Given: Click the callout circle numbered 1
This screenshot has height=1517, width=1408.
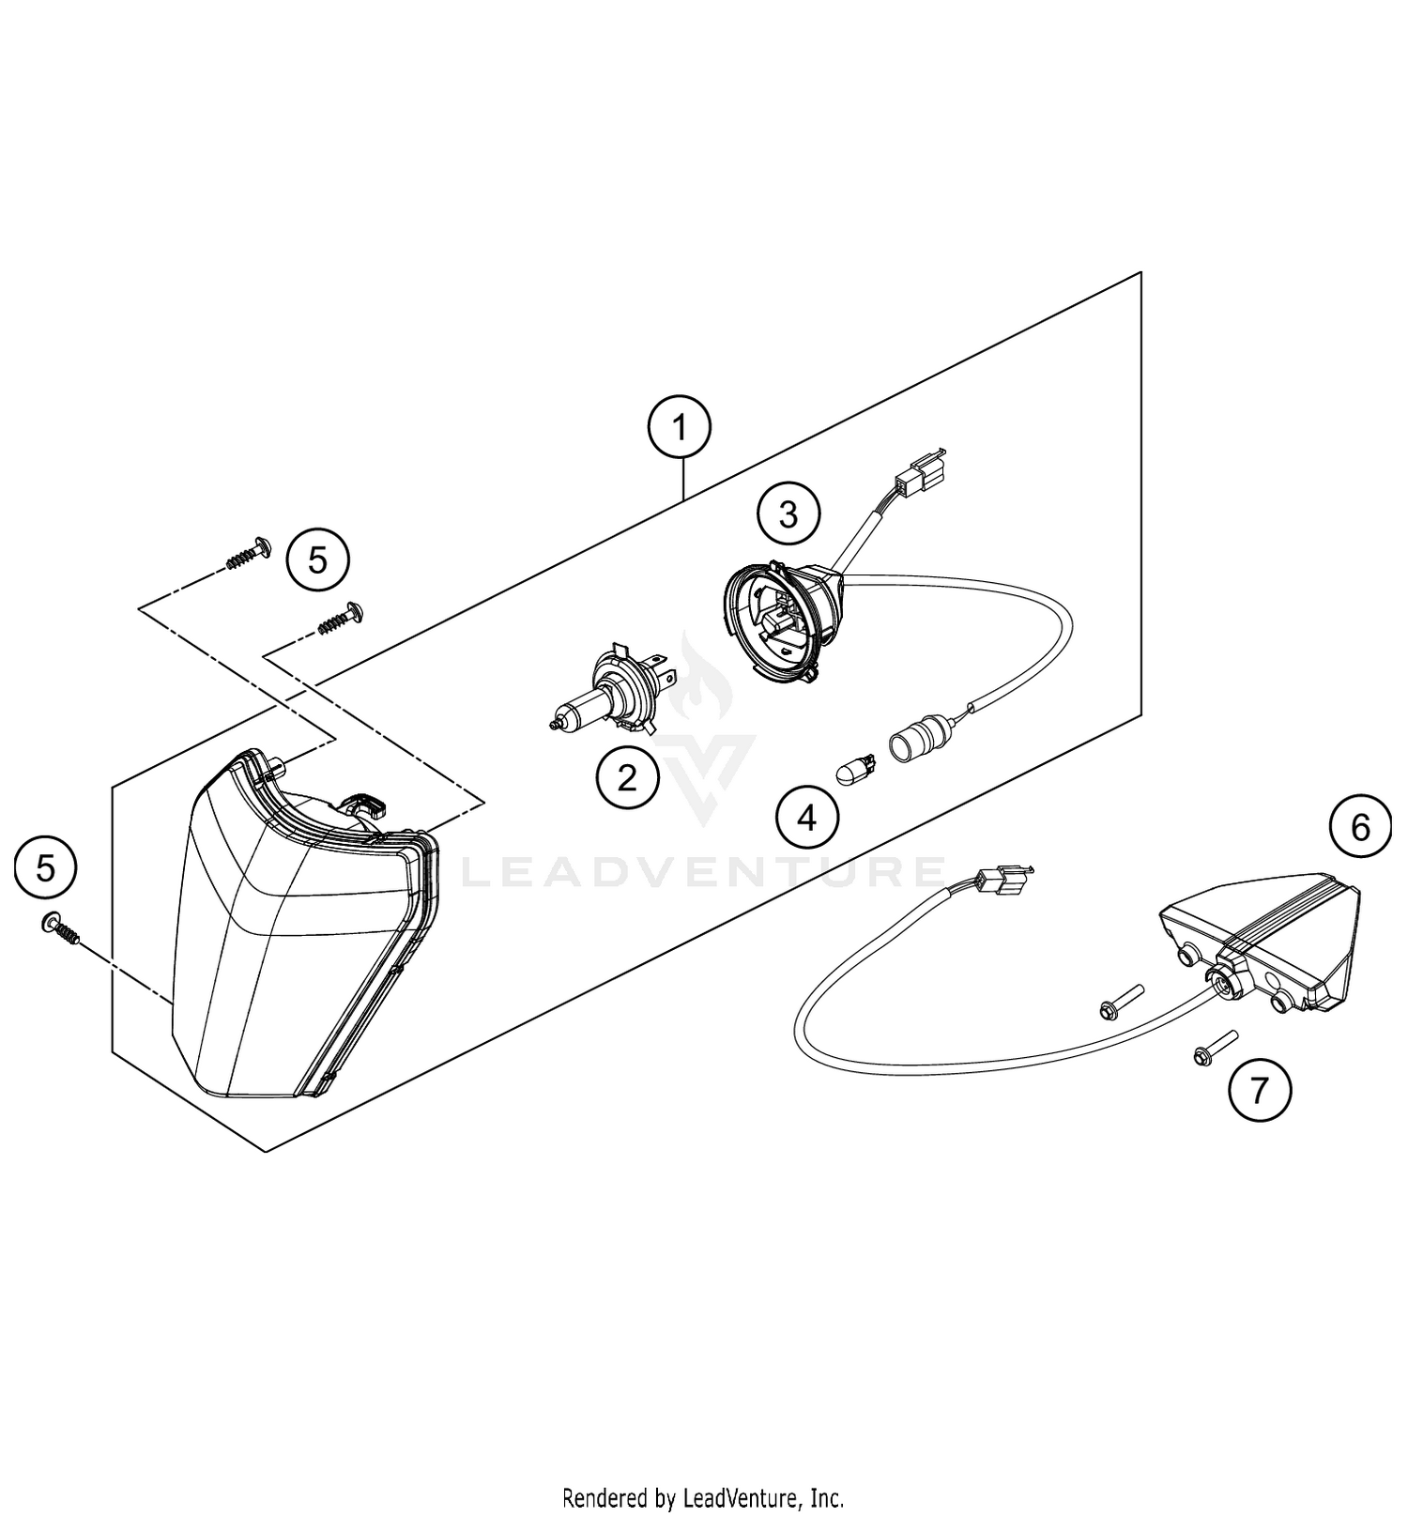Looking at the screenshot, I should (x=680, y=428).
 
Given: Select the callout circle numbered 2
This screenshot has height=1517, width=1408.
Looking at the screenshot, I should (x=627, y=777).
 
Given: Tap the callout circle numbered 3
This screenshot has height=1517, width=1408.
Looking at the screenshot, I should (x=788, y=513).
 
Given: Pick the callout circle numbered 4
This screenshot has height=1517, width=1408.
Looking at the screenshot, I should (x=807, y=819).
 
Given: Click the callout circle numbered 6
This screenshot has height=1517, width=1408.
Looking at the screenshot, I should (x=1360, y=827).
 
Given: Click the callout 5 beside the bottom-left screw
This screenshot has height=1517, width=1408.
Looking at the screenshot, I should (x=46, y=868).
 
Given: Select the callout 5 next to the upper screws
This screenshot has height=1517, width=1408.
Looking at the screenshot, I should (x=318, y=560).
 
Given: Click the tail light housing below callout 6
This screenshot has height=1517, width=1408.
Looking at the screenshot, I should (x=1258, y=948).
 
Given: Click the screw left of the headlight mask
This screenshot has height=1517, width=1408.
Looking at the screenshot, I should (x=62, y=930).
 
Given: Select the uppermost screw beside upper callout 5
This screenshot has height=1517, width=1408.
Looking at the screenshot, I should (x=249, y=554).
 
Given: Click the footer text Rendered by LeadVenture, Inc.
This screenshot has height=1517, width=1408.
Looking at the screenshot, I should (x=703, y=1495).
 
